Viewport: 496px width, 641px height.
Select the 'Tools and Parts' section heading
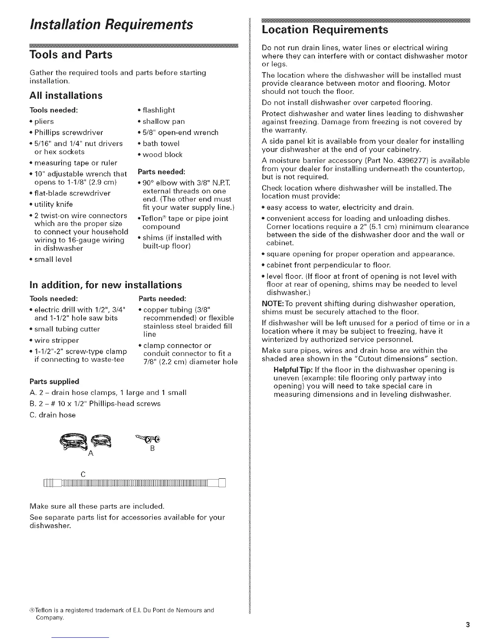pyautogui.click(x=71, y=55)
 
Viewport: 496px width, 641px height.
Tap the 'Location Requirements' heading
pyautogui.click(x=325, y=30)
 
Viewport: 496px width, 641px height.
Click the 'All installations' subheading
pyautogui.click(x=66, y=96)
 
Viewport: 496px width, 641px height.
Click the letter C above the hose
pyautogui.click(x=83, y=474)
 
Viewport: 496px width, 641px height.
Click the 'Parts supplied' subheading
pyautogui.click(x=54, y=382)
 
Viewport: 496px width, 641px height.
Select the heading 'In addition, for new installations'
pyautogui.click(x=106, y=285)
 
